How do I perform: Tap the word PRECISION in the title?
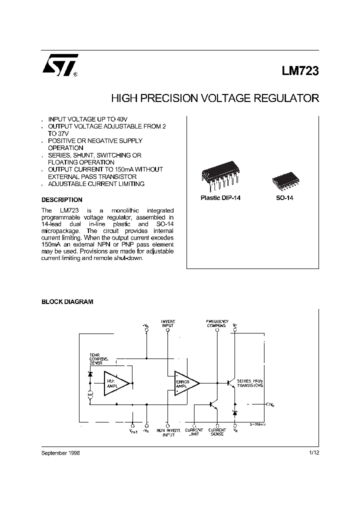coord(167,98)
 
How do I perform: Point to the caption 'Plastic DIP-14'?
coord(220,198)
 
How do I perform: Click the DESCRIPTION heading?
coord(61,199)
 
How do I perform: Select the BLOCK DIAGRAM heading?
coord(67,302)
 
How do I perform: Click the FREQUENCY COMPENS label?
coord(217,323)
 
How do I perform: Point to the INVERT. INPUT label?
coord(168,323)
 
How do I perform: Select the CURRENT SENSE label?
coord(217,432)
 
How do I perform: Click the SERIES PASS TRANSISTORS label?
coord(250,383)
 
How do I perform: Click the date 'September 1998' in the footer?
coord(60,453)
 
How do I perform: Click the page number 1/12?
coord(313,453)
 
